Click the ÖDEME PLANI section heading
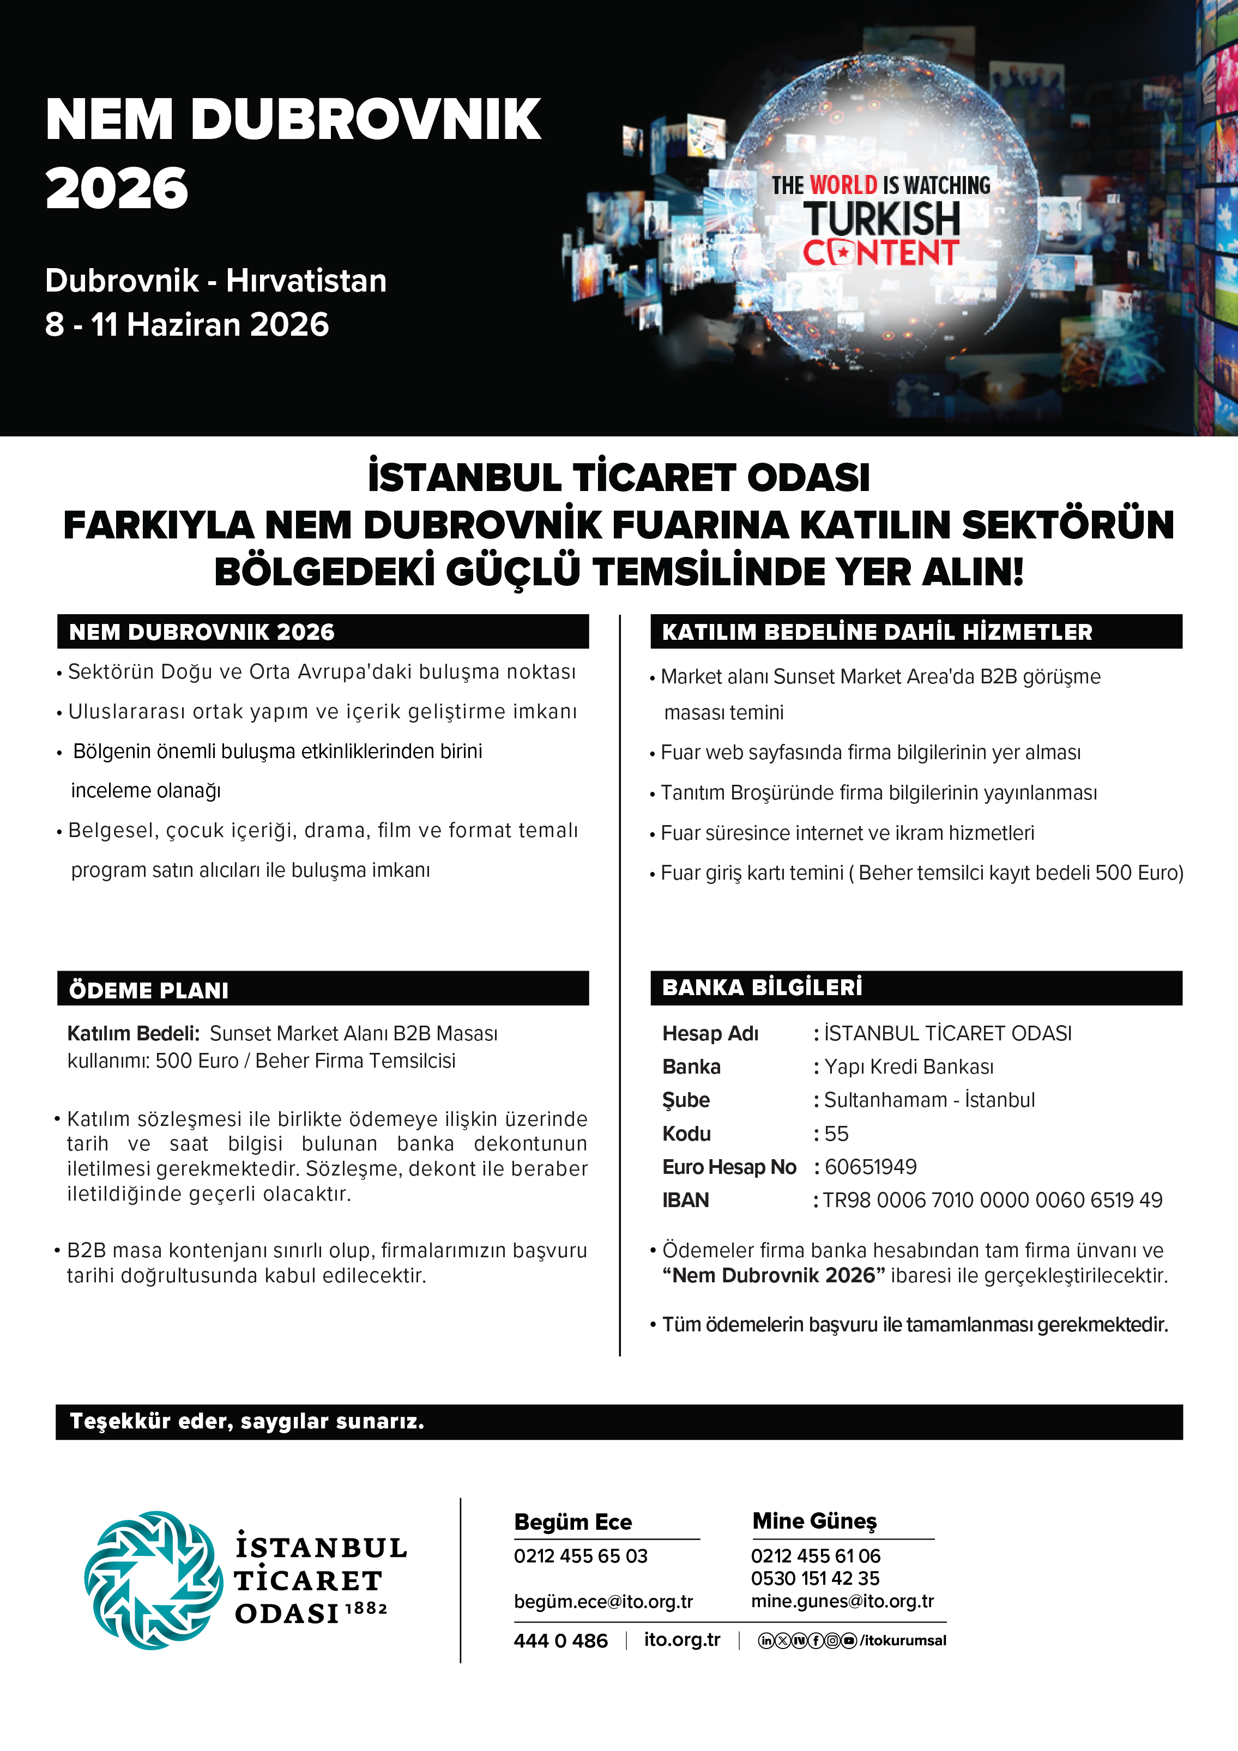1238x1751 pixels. (149, 990)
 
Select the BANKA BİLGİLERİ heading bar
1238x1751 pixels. (915, 987)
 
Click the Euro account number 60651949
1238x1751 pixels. (871, 1167)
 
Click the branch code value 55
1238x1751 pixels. (837, 1133)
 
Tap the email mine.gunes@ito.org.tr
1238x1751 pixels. (842, 1601)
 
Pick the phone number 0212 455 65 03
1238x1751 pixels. (581, 1556)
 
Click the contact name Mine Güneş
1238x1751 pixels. (814, 1520)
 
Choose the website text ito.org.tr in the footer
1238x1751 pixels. (682, 1640)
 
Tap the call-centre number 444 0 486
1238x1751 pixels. (560, 1640)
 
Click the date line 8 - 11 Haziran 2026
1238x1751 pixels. (187, 324)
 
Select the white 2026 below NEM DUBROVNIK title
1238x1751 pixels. (117, 189)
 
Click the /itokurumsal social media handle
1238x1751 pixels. (903, 1640)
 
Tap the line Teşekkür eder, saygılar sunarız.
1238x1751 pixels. (247, 1421)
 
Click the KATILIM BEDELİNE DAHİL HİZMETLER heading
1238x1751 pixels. (877, 632)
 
